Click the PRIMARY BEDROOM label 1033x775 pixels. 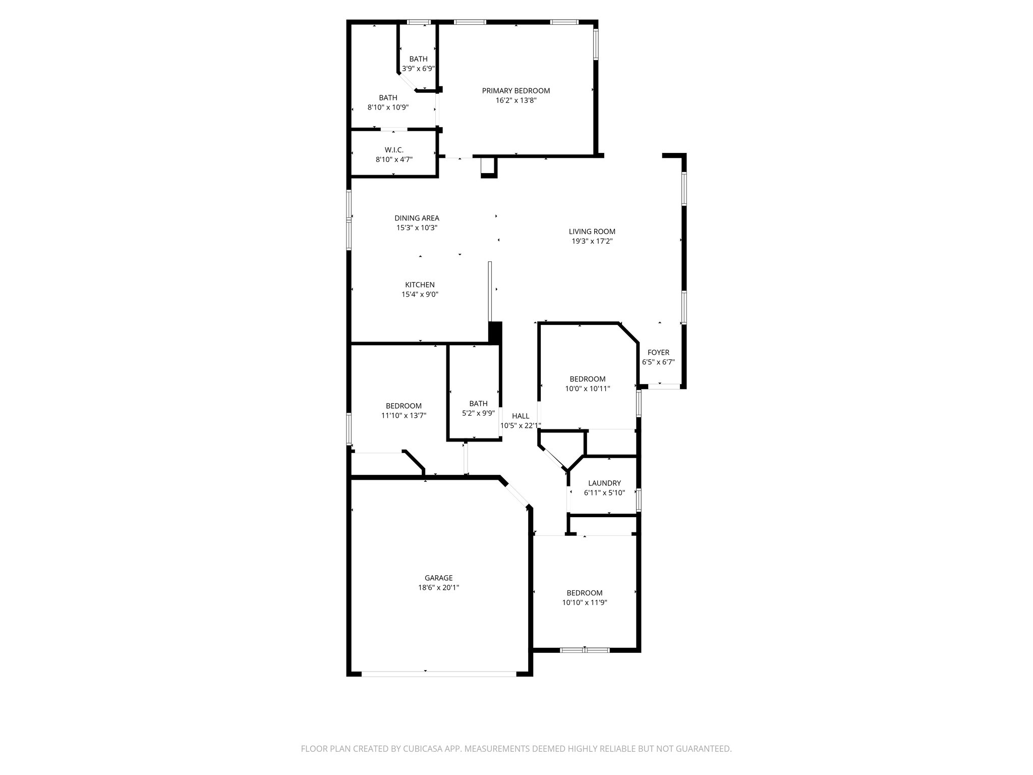515,91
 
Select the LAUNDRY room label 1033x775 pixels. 604,483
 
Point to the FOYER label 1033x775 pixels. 658,353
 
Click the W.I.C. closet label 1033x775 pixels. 394,150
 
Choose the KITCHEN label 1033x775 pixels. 420,285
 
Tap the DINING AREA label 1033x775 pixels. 417,218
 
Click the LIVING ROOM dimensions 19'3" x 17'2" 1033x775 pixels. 592,241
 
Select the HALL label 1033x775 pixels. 521,416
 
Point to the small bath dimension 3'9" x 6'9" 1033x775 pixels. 418,69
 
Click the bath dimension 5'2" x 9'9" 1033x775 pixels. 478,413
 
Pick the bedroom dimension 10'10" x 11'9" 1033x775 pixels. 584,602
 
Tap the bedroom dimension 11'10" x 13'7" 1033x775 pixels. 404,416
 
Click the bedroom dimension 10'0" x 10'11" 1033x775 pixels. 587,389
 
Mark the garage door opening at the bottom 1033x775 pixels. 439,673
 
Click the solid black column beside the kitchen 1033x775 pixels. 495,333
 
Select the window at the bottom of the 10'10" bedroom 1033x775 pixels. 585,650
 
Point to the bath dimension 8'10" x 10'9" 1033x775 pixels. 388,107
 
